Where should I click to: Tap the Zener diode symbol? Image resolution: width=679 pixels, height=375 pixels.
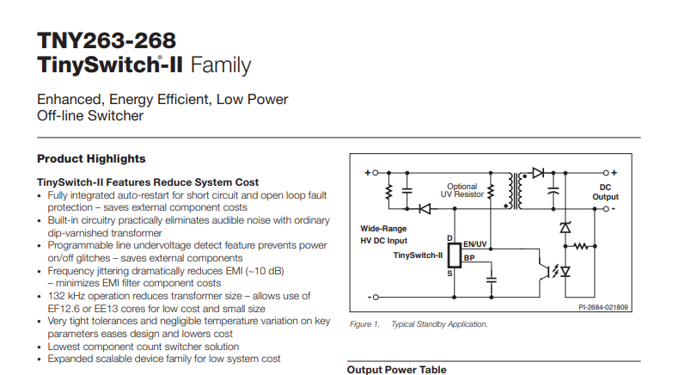[x=565, y=227]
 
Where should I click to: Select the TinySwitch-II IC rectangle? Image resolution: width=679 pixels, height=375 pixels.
[x=455, y=255]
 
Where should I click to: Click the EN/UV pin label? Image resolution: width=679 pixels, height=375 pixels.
[x=475, y=244]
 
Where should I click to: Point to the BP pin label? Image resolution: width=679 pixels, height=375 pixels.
[x=469, y=258]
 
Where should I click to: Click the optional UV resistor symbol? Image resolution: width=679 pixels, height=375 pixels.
[x=491, y=191]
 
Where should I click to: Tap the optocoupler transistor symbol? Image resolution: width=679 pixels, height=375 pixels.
[x=544, y=272]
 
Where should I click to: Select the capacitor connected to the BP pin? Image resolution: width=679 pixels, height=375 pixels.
[x=491, y=280]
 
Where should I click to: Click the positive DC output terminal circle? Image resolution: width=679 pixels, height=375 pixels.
[x=606, y=173]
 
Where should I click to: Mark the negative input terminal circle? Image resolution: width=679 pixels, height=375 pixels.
[x=376, y=297]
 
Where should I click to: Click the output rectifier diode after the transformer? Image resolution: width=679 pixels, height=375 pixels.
[x=538, y=173]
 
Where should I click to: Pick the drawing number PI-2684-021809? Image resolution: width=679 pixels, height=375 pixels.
[x=603, y=307]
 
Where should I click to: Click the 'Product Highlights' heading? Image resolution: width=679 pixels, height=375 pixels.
[x=91, y=158]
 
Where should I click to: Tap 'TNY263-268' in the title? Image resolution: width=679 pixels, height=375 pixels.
[x=107, y=40]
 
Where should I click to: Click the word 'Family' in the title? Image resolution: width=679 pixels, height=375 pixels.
[x=220, y=65]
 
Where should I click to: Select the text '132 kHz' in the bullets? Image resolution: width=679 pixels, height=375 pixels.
[x=65, y=296]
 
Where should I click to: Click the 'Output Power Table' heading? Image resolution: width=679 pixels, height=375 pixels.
[x=397, y=370]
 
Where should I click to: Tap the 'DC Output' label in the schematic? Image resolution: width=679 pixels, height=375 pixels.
[x=605, y=192]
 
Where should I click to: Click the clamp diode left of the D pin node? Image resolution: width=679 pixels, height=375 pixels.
[x=425, y=209]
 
